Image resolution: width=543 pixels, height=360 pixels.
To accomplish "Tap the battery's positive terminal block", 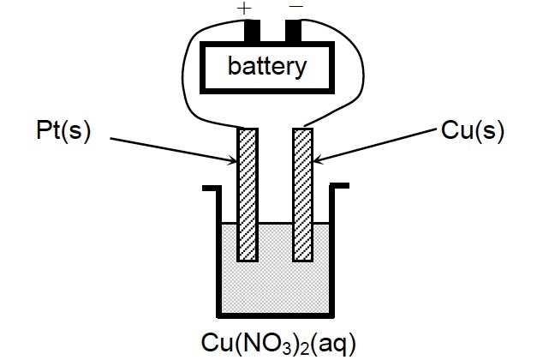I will tap(251, 30).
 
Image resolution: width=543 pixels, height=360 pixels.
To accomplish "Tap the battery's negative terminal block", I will tap(294, 30).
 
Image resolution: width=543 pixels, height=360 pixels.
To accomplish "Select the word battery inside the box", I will tap(266, 67).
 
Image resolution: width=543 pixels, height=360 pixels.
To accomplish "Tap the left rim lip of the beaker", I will tap(210, 185).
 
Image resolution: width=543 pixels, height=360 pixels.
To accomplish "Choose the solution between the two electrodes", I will tap(274, 249).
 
